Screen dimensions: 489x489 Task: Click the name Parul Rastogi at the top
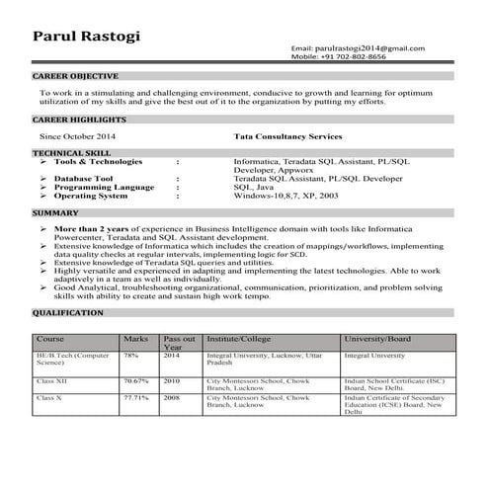pos(87,37)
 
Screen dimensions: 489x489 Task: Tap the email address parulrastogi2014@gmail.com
pos(358,48)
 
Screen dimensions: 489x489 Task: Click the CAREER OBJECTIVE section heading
pos(75,75)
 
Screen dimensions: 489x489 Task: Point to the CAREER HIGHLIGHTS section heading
pos(79,119)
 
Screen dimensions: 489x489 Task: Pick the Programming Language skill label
pos(105,186)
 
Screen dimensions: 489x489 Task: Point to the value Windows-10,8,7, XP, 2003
pos(285,195)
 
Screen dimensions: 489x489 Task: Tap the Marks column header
pos(135,338)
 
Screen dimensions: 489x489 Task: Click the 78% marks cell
pos(130,354)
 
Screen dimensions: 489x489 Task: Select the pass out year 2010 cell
pos(172,378)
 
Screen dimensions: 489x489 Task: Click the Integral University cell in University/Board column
pos(374,354)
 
